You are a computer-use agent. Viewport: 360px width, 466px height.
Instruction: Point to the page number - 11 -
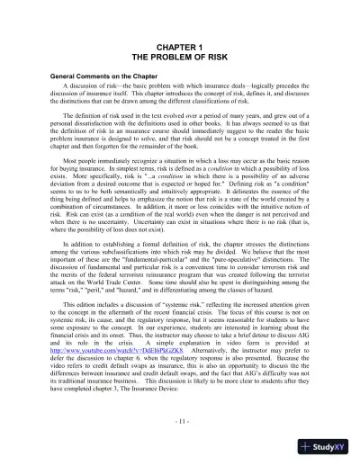coord(179,421)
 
